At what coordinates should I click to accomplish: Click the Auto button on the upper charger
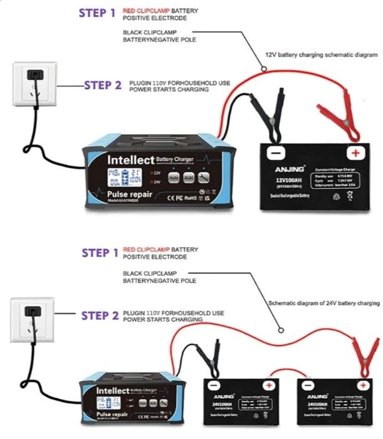click(x=174, y=177)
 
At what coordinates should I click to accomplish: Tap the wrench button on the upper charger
click(x=204, y=177)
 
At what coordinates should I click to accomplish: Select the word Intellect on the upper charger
click(x=129, y=161)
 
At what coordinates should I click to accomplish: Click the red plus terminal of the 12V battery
click(x=355, y=153)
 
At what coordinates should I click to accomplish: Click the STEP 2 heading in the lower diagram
click(x=100, y=315)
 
